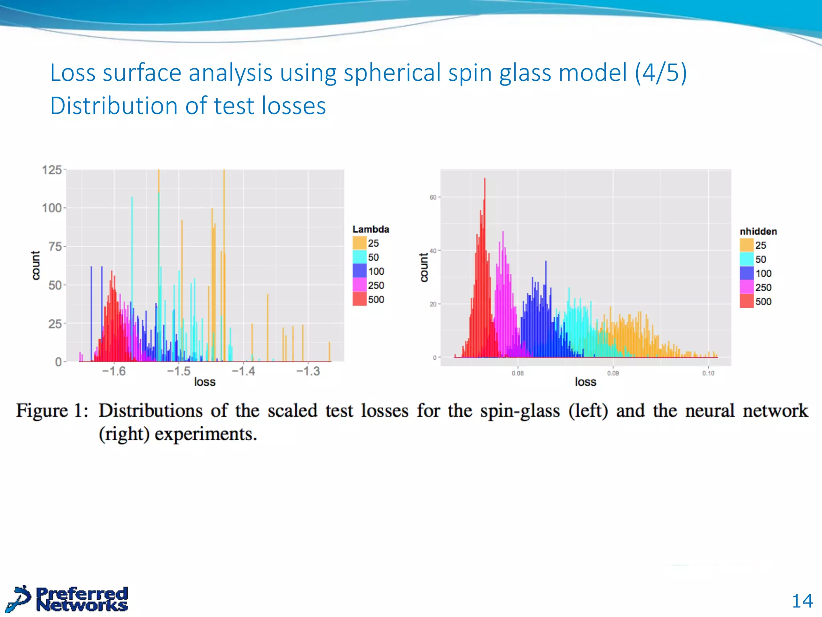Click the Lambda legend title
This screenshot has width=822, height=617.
pos(370,229)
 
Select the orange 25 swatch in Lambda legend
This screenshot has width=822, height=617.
pos(359,243)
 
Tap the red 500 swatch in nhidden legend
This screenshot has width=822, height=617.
pos(746,301)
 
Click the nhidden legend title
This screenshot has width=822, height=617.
pos(758,231)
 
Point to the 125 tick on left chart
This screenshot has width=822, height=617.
pos(52,170)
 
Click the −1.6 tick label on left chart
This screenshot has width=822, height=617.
pos(114,371)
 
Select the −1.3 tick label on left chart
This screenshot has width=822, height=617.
pos(308,371)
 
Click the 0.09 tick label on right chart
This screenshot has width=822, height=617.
pos(612,373)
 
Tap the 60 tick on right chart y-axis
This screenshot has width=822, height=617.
pos(433,197)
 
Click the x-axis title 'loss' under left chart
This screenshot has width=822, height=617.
pos(205,382)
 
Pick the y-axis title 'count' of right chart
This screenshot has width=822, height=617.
pos(423,267)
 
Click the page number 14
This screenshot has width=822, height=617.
pos(802,601)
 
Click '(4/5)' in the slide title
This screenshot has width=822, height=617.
pos(661,73)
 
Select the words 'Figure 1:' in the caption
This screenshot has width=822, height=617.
pos(52,411)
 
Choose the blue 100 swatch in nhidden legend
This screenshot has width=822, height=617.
pos(746,273)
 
